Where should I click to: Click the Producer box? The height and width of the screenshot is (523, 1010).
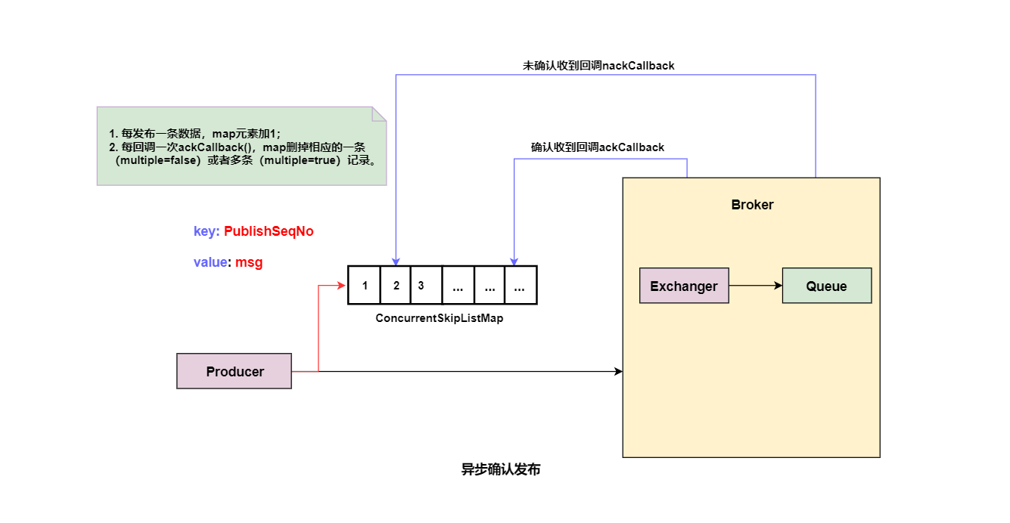[x=234, y=371]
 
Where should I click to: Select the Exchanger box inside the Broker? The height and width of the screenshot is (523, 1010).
[x=684, y=286]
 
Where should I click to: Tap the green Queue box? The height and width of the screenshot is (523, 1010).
[x=826, y=286]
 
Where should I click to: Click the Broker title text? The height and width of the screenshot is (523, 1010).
[x=752, y=205]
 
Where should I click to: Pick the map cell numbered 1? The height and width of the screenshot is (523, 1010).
[x=365, y=286]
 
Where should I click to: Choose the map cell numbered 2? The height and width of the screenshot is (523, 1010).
[x=396, y=286]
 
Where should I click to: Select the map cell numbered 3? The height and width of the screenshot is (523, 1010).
[x=421, y=286]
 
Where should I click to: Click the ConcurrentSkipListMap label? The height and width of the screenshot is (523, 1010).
[x=439, y=318]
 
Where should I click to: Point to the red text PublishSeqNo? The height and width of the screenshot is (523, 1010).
[x=269, y=231]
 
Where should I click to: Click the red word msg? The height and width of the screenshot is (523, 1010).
[x=249, y=262]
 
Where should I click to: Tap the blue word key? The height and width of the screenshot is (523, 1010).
[x=205, y=231]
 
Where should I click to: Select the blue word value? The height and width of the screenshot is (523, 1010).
[x=210, y=262]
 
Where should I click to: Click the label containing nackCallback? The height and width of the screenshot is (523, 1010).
[x=598, y=66]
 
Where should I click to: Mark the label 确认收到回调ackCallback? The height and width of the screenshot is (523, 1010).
[x=597, y=147]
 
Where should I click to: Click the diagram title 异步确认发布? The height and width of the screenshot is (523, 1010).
[x=501, y=469]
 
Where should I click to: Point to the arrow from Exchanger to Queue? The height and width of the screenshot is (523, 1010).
[x=755, y=286]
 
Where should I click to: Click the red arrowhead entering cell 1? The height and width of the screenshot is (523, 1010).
[x=343, y=286]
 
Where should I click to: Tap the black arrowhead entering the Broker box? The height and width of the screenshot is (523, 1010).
[x=618, y=371]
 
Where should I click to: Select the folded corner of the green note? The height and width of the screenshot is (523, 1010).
[x=379, y=113]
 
